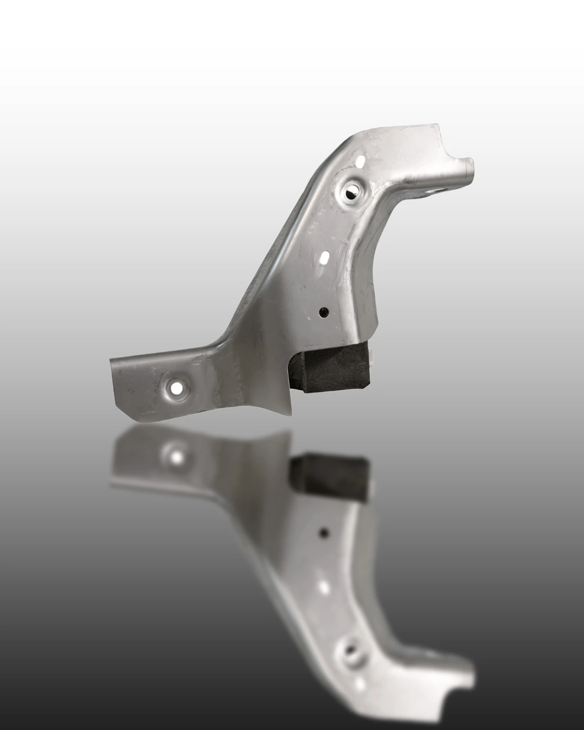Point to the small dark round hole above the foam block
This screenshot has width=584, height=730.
[323, 311]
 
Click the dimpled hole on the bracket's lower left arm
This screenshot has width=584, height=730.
[176, 387]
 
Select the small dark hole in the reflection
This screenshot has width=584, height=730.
[323, 533]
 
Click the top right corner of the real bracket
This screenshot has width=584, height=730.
[435, 125]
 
